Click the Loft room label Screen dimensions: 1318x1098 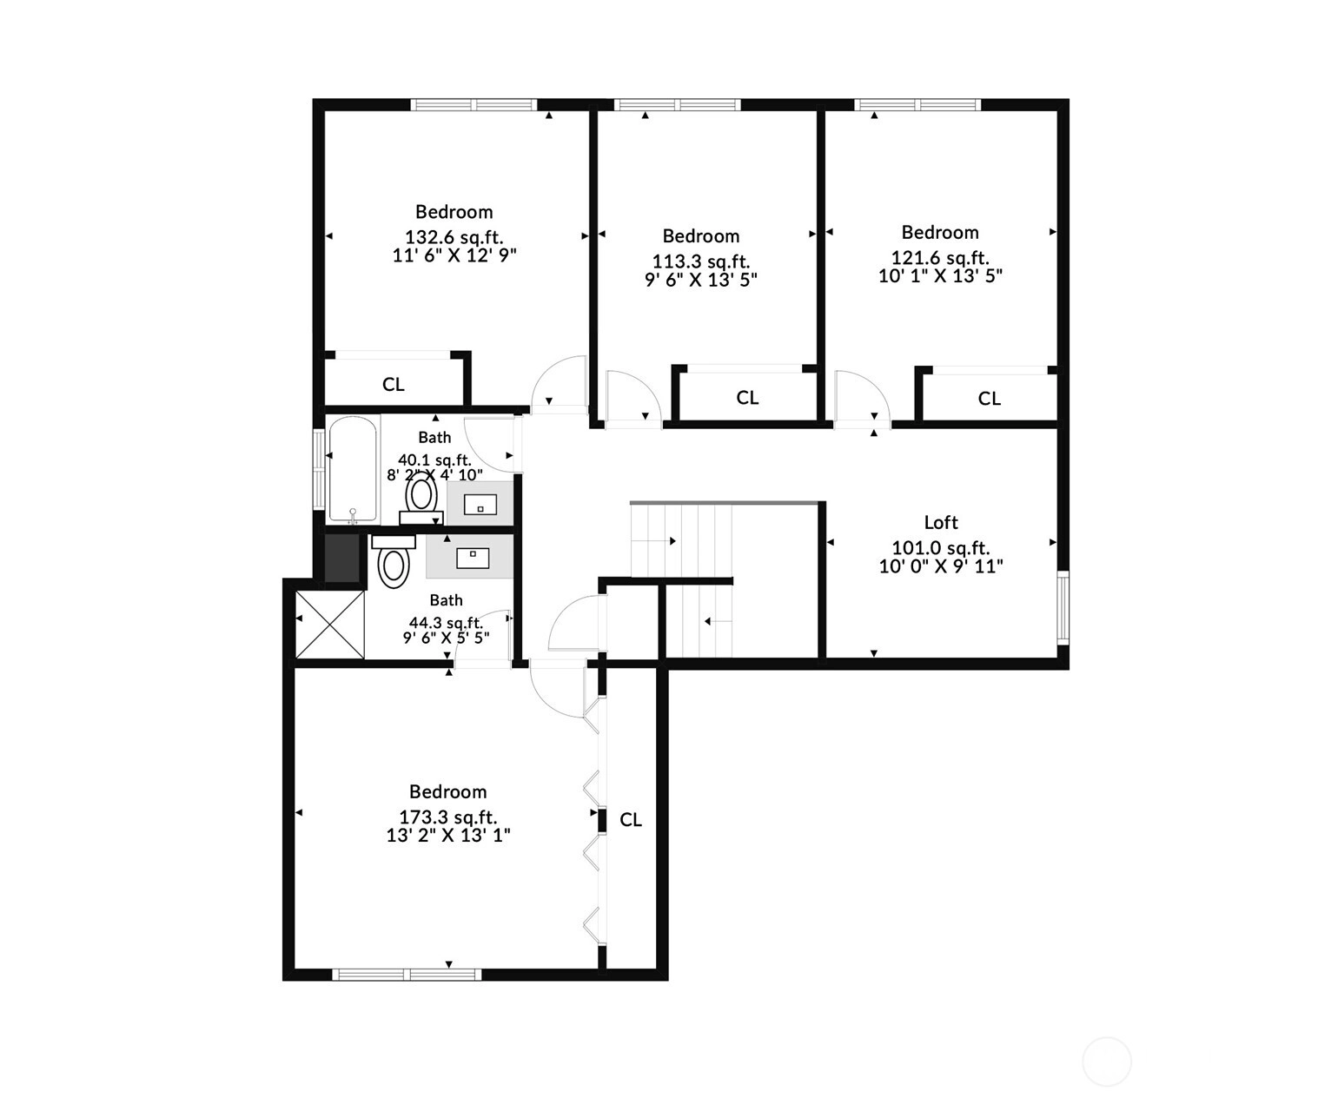click(x=941, y=522)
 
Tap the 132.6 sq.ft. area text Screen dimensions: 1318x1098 click(x=454, y=237)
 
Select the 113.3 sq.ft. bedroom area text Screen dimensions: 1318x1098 click(x=700, y=261)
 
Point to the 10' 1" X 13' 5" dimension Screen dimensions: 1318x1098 click(x=941, y=275)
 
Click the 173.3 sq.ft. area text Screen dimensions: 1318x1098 click(x=448, y=817)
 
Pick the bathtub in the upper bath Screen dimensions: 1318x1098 click(x=353, y=470)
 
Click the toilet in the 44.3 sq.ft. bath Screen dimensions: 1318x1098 click(x=394, y=561)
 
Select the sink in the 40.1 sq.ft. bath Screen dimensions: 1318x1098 click(x=480, y=504)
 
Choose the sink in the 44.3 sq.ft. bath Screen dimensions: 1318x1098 click(x=473, y=558)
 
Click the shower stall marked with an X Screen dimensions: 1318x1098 click(x=329, y=625)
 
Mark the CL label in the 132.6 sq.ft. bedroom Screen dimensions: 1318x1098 click(x=394, y=384)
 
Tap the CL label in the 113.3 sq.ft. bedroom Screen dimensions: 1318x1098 click(x=747, y=398)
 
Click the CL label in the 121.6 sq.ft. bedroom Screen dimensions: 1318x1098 click(x=989, y=398)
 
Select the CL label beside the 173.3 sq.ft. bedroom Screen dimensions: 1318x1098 click(x=631, y=820)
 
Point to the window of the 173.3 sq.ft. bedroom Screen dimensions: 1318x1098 click(x=407, y=975)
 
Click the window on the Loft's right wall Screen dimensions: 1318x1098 click(x=1063, y=608)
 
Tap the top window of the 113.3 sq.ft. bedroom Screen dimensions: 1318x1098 click(x=678, y=105)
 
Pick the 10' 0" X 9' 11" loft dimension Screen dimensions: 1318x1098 click(x=941, y=566)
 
